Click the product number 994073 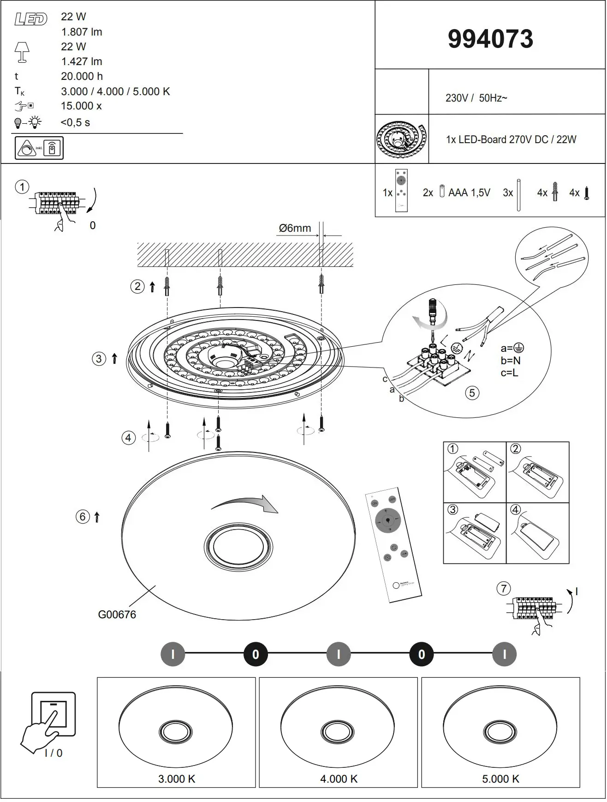pos(490,39)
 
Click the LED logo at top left pos(31,19)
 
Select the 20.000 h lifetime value pos(82,76)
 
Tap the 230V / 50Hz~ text pos(476,98)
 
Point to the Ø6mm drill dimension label pos(295,228)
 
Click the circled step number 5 pos(472,393)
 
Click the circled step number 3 pos(99,359)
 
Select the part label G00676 pos(117,615)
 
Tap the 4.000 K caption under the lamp pos(339,779)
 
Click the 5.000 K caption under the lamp pos(500,779)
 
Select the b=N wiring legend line pos(511,361)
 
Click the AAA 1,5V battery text pos(469,193)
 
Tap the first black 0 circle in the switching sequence pos(256,654)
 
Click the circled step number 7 pos(503,588)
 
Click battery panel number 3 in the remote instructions pos(452,509)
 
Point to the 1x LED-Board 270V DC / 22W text pos(511,139)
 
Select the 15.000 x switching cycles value pos(81,106)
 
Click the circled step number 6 pos(82,517)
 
